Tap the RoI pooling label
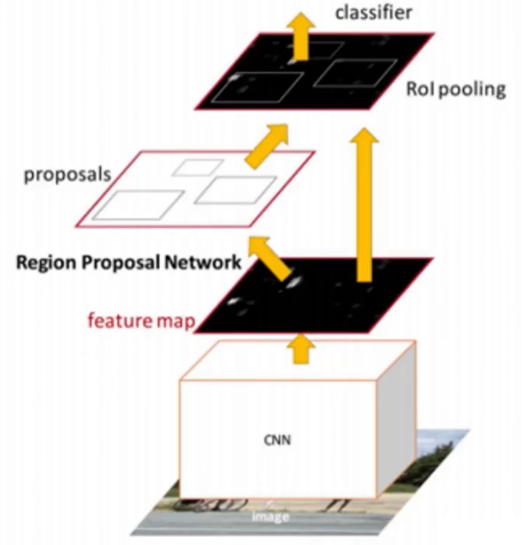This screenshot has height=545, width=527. click(x=455, y=90)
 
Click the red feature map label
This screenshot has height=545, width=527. click(x=140, y=320)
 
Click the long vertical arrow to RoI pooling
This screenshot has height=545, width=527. click(x=365, y=208)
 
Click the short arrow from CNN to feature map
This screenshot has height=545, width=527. click(x=304, y=347)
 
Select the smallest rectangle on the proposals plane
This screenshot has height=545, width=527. click(x=198, y=168)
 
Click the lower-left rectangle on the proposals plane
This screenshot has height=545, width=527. click(x=137, y=205)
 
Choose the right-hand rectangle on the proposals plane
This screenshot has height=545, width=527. click(x=236, y=189)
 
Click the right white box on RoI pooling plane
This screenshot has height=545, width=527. click(x=353, y=74)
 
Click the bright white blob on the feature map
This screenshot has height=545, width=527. click(x=294, y=281)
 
